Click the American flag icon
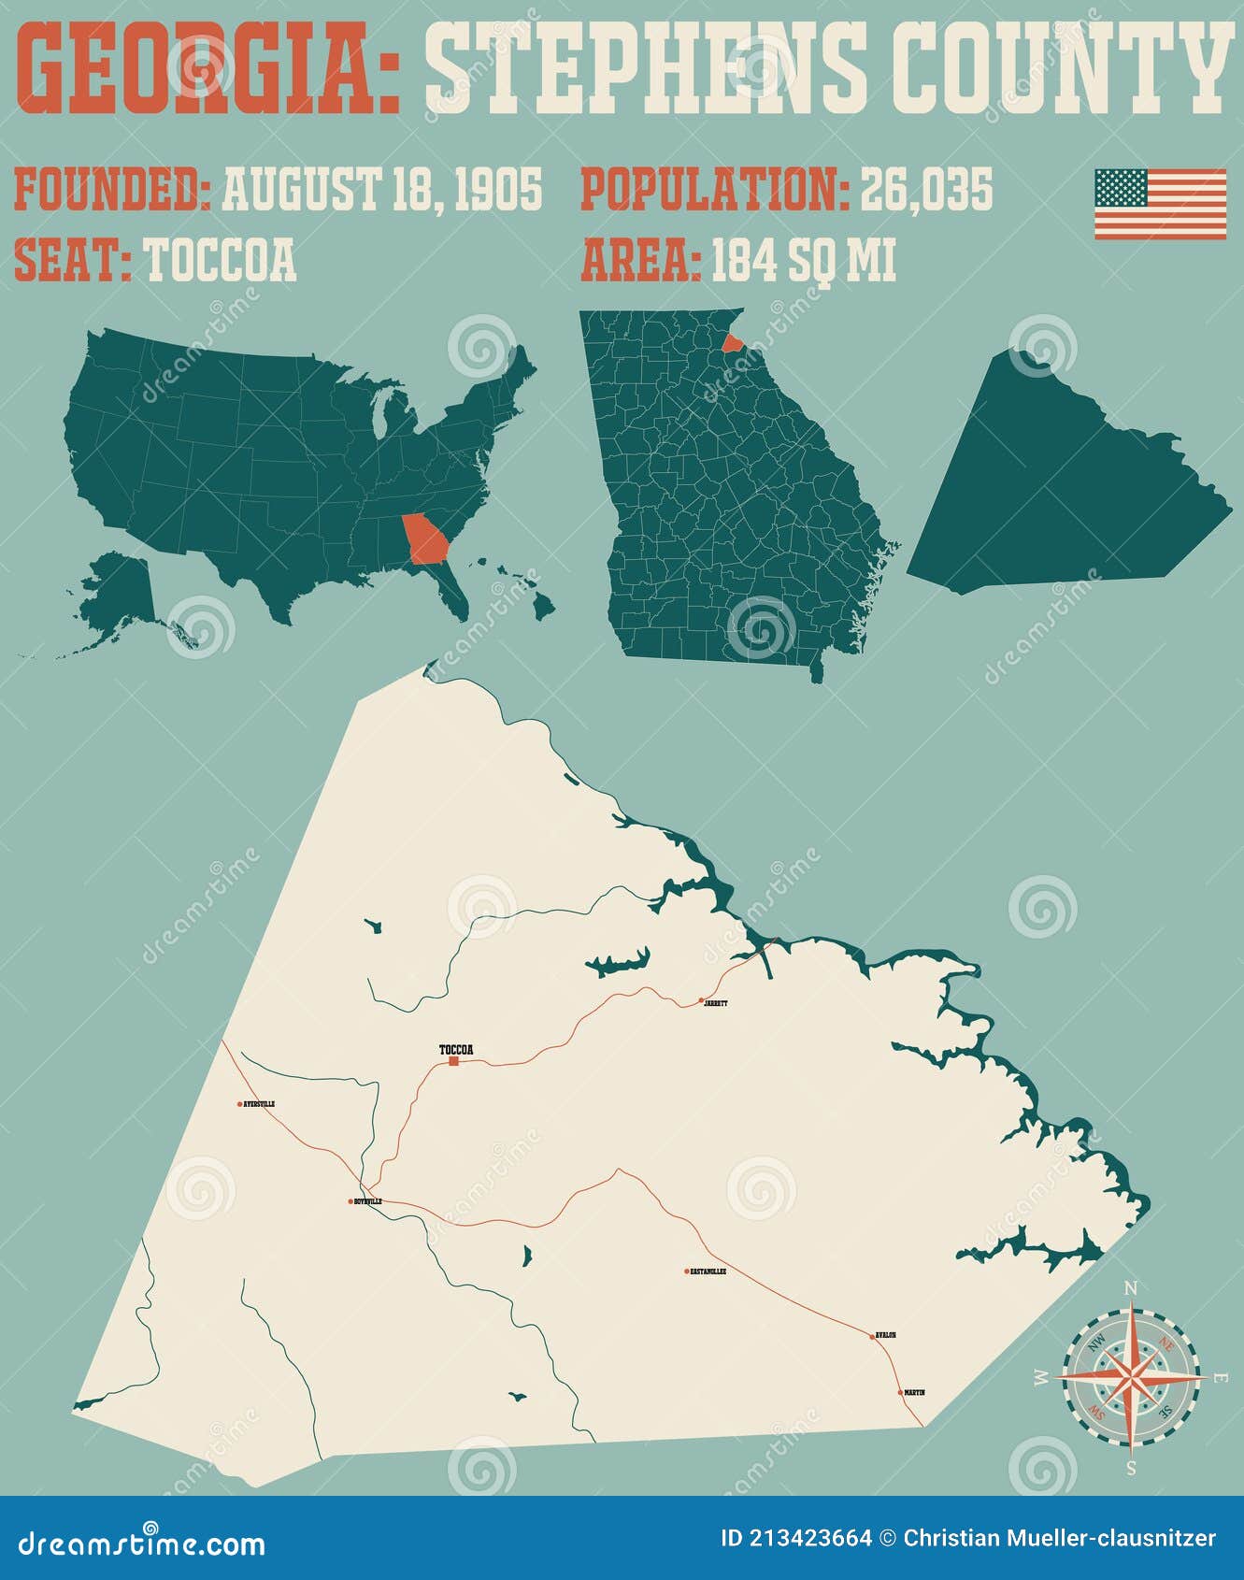(1160, 204)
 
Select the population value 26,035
(926, 190)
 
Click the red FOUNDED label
(112, 190)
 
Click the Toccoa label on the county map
(456, 1050)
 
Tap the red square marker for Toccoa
(453, 1061)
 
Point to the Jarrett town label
(716, 1003)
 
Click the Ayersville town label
(259, 1104)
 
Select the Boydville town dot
(350, 1201)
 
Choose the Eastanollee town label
(708, 1271)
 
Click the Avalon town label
(886, 1335)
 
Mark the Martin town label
(914, 1392)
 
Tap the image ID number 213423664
(810, 1539)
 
